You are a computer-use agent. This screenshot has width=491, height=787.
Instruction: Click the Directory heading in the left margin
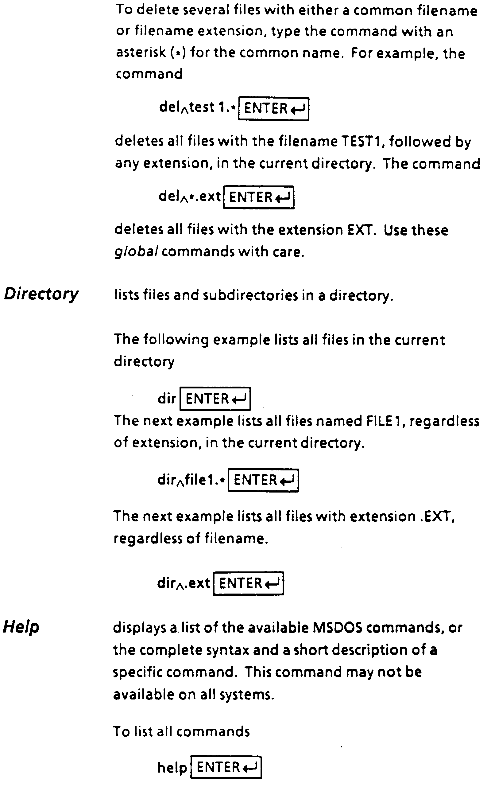point(41,294)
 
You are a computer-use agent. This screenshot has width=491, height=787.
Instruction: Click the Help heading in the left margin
point(21,627)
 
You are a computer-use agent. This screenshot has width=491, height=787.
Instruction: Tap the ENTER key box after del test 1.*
point(273,109)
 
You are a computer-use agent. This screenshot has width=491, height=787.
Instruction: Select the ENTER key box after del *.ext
point(259,197)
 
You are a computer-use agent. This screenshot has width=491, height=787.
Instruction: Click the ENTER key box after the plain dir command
point(215,399)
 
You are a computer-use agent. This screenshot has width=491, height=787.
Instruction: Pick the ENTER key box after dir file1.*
point(263,480)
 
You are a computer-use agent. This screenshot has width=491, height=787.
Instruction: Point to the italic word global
point(136,252)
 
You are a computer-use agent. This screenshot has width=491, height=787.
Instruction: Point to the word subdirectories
point(250,295)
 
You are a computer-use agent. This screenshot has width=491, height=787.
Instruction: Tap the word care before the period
point(286,252)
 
